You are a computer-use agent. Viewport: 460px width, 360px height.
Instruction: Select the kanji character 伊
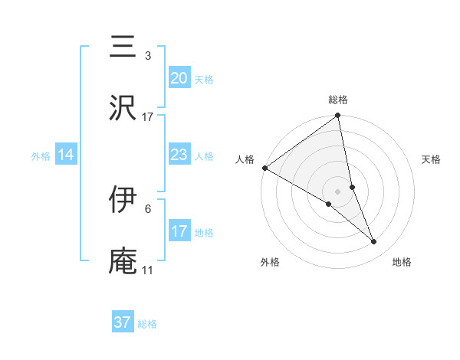click(x=123, y=199)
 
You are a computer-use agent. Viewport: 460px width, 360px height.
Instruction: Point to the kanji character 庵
click(x=123, y=261)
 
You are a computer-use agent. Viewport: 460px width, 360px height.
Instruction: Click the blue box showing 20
click(x=179, y=78)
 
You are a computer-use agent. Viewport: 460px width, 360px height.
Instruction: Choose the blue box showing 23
click(x=179, y=155)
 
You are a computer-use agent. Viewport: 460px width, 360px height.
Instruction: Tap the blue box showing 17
click(x=179, y=231)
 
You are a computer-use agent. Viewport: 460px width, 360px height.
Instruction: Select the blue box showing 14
click(x=66, y=155)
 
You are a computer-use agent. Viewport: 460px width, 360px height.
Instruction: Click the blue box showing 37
click(x=122, y=322)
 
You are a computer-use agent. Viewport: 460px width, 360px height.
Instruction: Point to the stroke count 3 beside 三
click(x=148, y=55)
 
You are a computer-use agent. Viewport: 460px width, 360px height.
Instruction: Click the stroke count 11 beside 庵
click(x=148, y=270)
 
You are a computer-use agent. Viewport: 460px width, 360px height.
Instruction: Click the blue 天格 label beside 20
click(x=204, y=79)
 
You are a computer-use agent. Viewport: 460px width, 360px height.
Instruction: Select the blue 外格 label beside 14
click(x=41, y=155)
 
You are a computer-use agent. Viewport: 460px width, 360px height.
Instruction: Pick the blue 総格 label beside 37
click(x=147, y=323)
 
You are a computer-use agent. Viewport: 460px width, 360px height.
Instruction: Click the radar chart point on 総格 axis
click(x=338, y=116)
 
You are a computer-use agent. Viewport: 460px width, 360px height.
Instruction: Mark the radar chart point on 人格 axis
click(x=264, y=168)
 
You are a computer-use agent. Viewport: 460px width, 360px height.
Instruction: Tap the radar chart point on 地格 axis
click(x=374, y=242)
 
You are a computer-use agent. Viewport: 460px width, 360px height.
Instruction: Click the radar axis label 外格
click(x=269, y=263)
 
